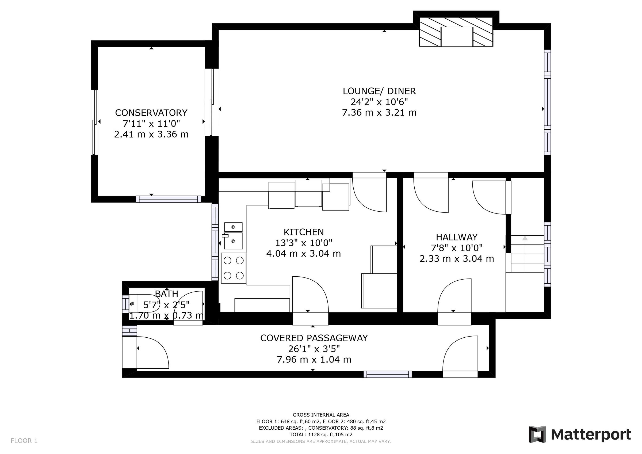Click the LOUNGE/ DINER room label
coord(379,91)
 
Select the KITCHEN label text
coord(303,232)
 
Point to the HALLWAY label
coord(457,237)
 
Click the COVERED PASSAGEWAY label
coord(314,338)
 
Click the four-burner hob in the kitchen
coord(234,268)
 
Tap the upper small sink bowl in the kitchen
coord(233,227)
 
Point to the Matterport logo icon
coord(537,434)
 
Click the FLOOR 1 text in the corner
coord(24,441)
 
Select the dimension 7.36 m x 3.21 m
coord(379,113)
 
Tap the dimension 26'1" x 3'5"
coord(314,349)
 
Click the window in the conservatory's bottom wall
coord(168,199)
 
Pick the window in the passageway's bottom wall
coord(388,374)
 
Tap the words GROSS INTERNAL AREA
coord(321,415)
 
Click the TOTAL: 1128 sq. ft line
coord(321,435)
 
